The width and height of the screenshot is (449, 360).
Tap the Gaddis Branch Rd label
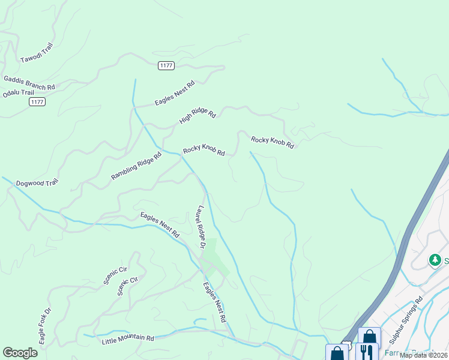coord(29,83)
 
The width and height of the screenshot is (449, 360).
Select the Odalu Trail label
coord(19,93)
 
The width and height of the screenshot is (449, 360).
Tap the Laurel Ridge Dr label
coord(200,227)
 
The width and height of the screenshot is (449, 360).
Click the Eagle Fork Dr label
coord(46,326)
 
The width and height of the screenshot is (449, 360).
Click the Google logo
coord(20,353)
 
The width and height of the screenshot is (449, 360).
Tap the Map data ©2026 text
coord(424,355)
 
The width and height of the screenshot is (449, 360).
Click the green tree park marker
coord(435,260)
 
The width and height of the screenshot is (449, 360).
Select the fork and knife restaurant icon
coord(367,352)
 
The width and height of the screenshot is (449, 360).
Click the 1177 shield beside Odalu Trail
coord(37,102)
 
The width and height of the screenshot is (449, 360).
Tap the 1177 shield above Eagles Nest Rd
coord(166,65)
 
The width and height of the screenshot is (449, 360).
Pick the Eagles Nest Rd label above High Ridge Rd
coord(175,94)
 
